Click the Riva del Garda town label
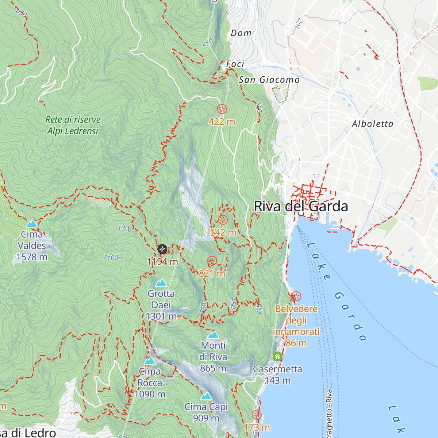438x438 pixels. point(301,206)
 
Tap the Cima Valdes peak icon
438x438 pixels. point(32,223)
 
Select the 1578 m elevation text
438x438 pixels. point(32,257)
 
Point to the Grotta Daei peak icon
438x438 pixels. point(161,283)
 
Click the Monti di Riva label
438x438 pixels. point(214,351)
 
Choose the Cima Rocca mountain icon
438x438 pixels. point(150,361)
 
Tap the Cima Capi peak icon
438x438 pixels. point(206,396)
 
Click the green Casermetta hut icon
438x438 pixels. point(277,356)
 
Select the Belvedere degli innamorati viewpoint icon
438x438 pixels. point(296,296)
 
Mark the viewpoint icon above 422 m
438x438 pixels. point(222,109)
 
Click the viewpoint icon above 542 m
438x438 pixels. point(223,220)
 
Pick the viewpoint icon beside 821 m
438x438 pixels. point(212,261)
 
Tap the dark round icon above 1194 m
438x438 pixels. point(162,249)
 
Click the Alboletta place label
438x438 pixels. point(373,124)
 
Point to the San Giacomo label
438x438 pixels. point(269,80)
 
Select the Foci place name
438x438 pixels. point(235,64)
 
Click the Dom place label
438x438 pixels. point(241,33)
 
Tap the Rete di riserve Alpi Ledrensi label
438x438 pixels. point(73,125)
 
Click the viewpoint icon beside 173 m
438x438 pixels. point(257,415)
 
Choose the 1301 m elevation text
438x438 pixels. point(161,316)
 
